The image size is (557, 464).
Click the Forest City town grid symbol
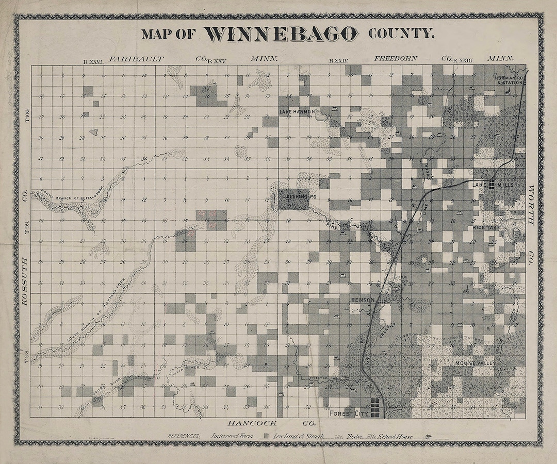point(378,407)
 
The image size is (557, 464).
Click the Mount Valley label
point(475,363)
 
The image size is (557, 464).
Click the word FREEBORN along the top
point(396,58)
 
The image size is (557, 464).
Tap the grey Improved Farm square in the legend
point(266,436)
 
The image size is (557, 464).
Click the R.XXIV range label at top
point(338,61)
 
